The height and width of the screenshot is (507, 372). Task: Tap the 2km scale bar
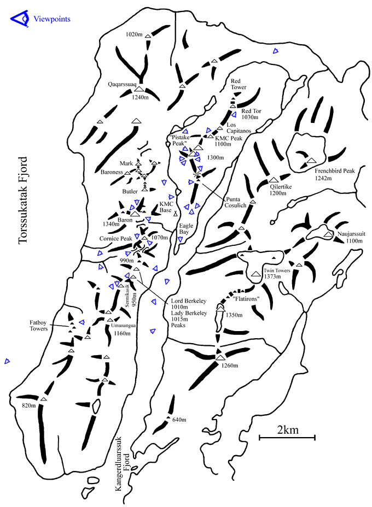(x=287, y=435)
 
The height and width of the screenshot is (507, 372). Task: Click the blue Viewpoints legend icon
(x=19, y=19)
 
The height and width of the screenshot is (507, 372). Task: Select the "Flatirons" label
(x=245, y=299)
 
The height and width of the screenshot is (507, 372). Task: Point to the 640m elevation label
(x=179, y=420)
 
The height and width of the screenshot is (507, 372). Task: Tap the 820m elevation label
(x=28, y=405)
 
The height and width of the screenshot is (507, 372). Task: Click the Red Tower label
(x=239, y=84)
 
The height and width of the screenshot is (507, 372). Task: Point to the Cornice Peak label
(x=116, y=238)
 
